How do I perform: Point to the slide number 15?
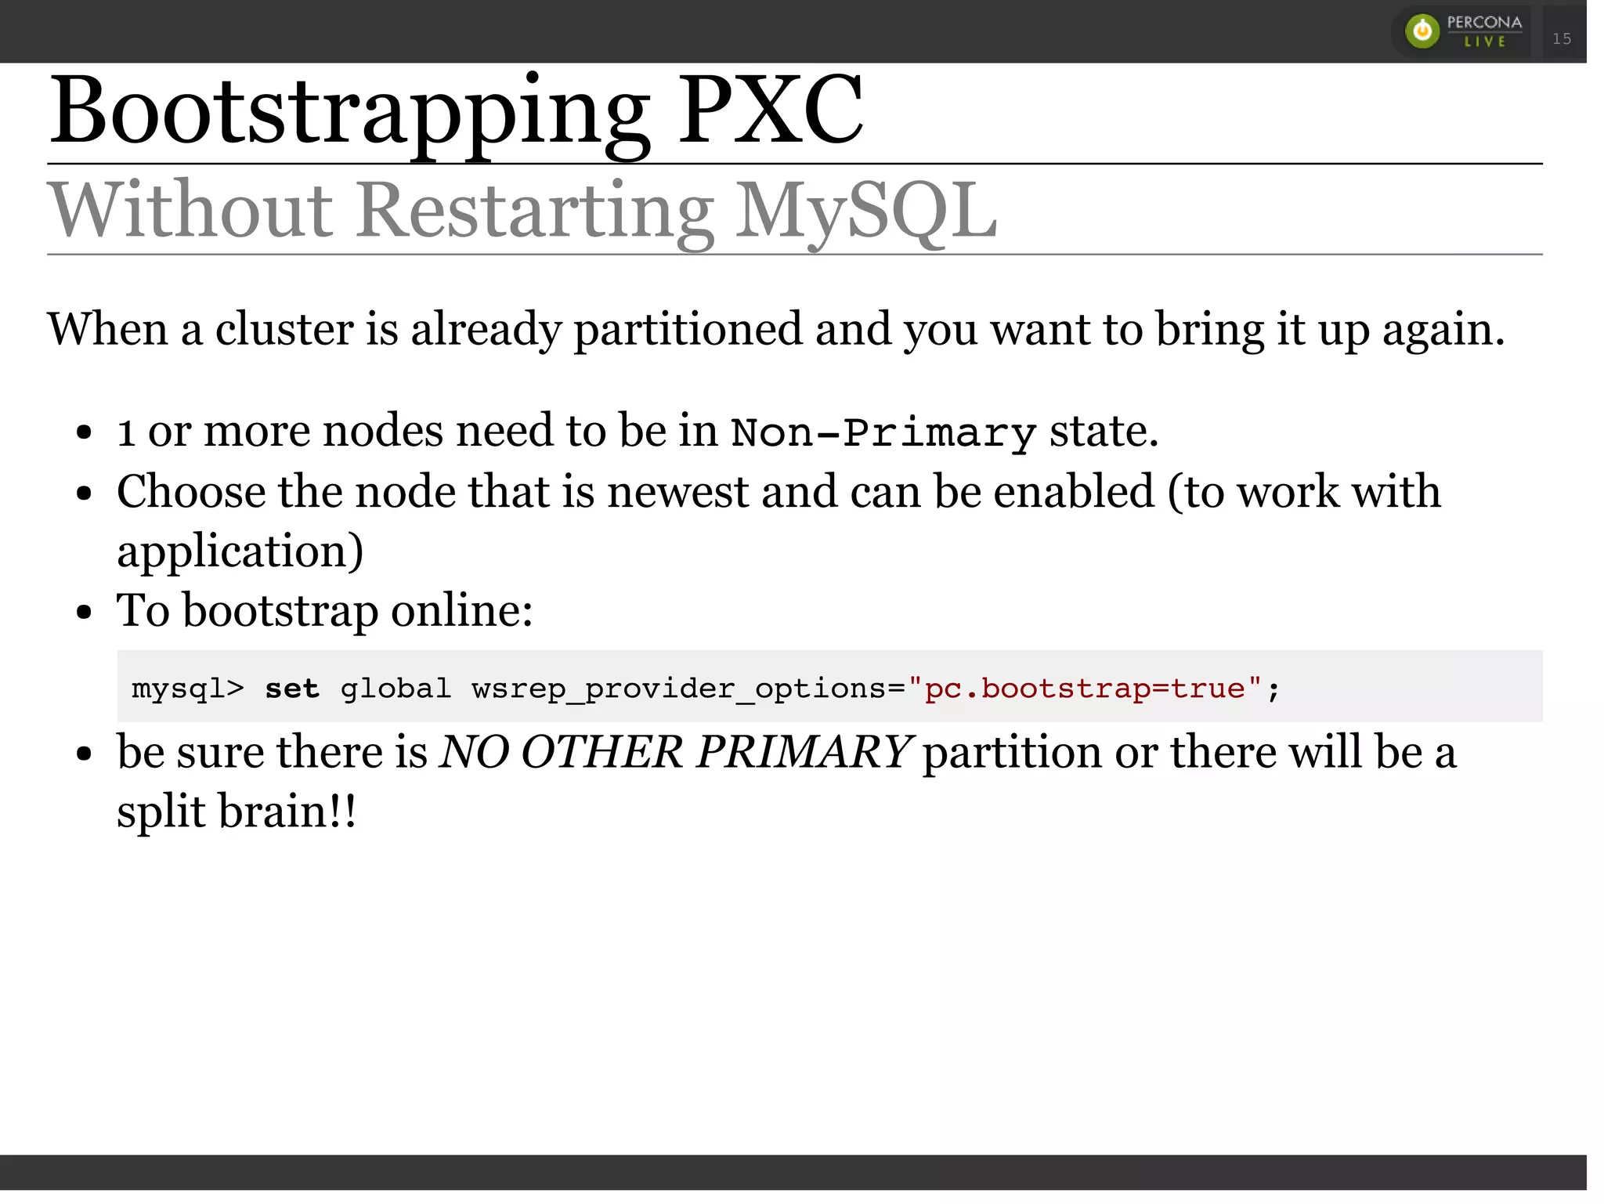click(1562, 38)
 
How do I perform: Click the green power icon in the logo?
click(1422, 31)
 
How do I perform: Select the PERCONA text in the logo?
click(1484, 23)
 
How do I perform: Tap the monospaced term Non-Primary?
click(883, 432)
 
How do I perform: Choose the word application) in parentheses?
click(240, 551)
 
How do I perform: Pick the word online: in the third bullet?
click(461, 610)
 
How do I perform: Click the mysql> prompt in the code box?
click(188, 689)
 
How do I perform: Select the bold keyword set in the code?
click(291, 689)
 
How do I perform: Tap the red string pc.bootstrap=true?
click(1085, 689)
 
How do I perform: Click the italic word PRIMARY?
click(804, 752)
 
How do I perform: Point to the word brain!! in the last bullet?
click(287, 812)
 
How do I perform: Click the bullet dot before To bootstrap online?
click(85, 612)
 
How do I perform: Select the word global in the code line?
click(396, 689)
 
